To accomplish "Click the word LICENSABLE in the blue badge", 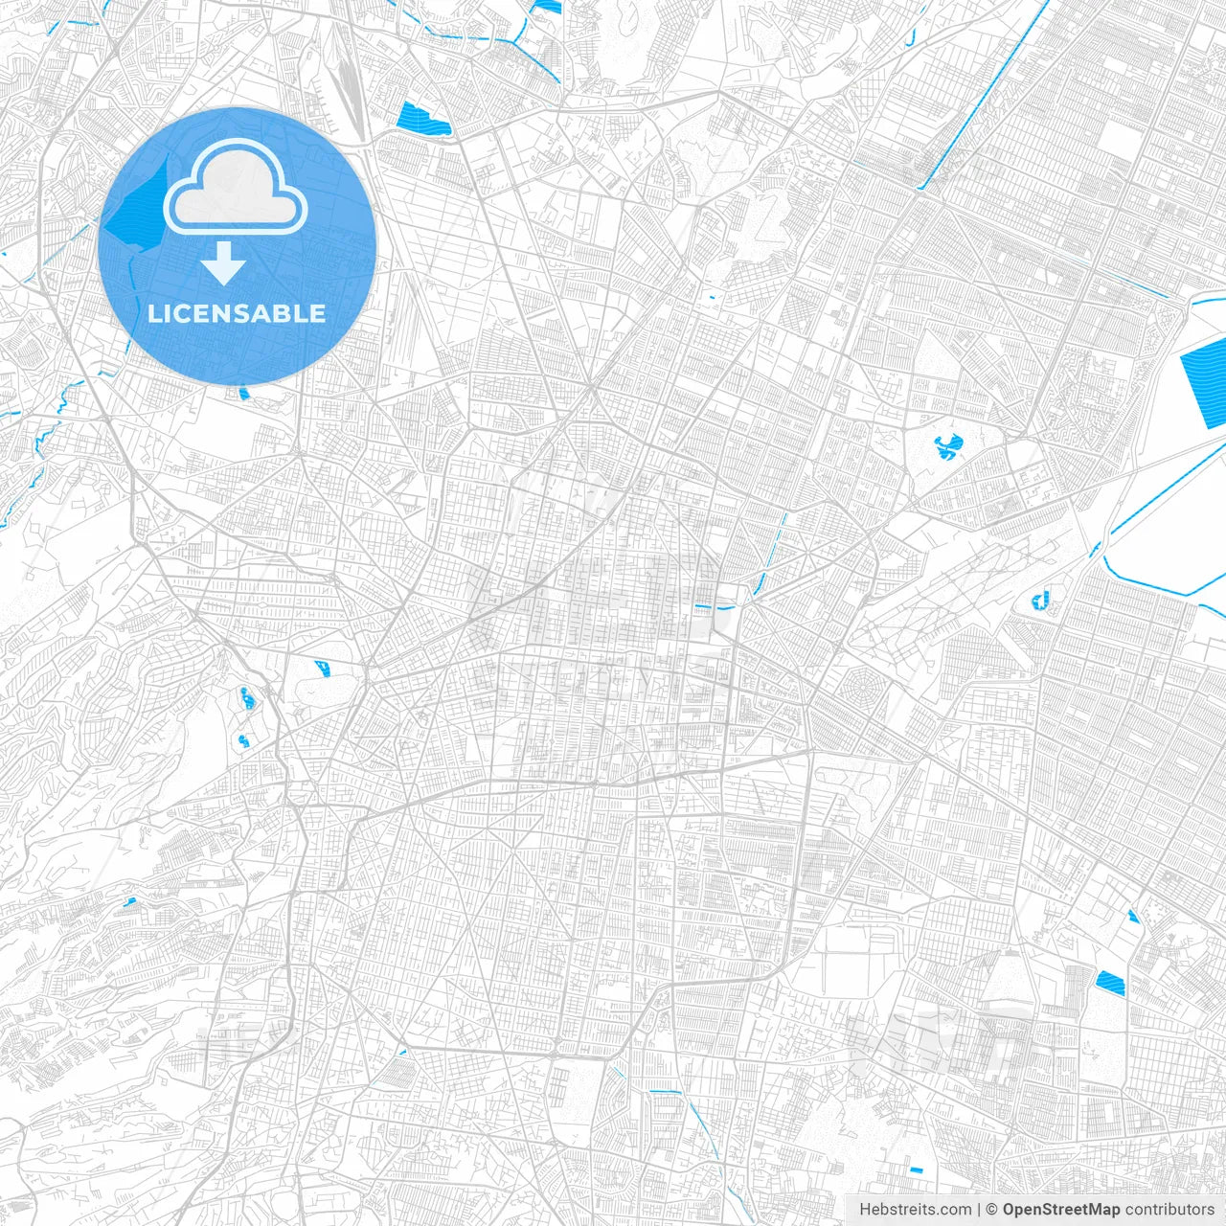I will click(x=237, y=313).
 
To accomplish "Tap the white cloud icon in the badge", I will click(x=236, y=188).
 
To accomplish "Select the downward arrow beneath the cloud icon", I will click(x=224, y=263).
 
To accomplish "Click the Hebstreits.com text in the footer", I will click(x=915, y=1210).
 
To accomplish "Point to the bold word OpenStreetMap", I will click(x=1060, y=1210).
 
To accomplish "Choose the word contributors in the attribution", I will click(x=1169, y=1210).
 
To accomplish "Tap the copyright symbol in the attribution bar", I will click(x=991, y=1210).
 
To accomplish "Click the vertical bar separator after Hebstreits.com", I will click(x=979, y=1210).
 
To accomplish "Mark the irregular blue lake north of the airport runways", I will click(x=947, y=445).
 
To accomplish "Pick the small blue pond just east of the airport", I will click(x=1040, y=602).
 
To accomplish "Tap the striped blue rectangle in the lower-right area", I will click(x=1109, y=981).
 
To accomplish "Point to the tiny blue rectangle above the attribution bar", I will click(x=916, y=1170).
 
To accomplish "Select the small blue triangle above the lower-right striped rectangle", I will click(x=1133, y=916).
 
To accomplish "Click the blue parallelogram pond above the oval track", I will click(x=322, y=667).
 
